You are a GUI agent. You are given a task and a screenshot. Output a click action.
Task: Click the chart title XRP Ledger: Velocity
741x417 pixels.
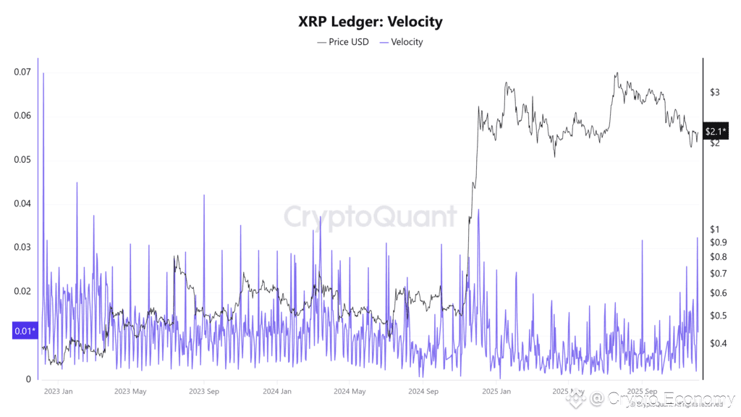370,22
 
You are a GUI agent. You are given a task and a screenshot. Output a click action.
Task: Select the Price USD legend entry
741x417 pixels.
343,42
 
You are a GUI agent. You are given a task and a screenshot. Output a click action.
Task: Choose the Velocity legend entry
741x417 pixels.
402,42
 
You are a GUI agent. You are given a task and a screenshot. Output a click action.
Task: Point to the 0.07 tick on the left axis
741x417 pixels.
22,72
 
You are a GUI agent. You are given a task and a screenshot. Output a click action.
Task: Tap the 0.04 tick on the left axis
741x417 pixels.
22,203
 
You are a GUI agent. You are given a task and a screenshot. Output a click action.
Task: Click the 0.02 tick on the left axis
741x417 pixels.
22,291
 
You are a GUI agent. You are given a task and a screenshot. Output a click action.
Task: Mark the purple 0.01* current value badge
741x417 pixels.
23,332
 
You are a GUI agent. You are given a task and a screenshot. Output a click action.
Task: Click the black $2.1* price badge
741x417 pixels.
716,131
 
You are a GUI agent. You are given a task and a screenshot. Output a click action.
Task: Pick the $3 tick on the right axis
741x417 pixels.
714,92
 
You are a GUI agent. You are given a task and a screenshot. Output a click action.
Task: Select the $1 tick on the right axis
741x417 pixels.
714,229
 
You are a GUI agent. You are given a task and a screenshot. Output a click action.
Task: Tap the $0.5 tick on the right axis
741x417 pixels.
717,316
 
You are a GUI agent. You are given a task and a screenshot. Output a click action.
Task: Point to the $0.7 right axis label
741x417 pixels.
717,274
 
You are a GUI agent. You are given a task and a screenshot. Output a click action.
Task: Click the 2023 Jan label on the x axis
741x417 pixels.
58,392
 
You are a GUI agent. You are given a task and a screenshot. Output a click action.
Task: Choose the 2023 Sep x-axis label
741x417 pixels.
203,392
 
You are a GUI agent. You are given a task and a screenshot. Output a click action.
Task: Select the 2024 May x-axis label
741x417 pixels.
349,392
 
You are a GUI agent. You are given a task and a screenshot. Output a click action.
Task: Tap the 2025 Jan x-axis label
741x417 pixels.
496,392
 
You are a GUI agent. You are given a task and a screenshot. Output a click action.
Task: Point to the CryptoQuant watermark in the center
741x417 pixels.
370,216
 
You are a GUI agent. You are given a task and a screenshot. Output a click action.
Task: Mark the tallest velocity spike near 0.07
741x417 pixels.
43,75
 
